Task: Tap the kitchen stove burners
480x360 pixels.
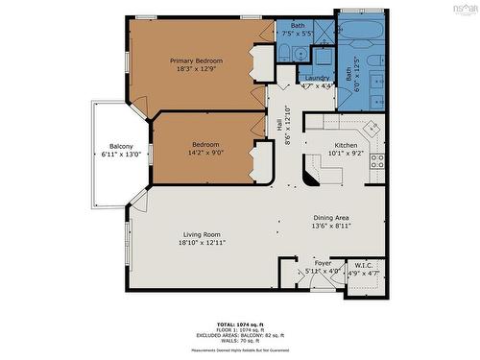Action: pyautogui.click(x=377, y=161)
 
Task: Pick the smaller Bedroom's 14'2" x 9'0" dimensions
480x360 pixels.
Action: pyautogui.click(x=205, y=152)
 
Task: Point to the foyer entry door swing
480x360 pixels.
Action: pyautogui.click(x=305, y=279)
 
